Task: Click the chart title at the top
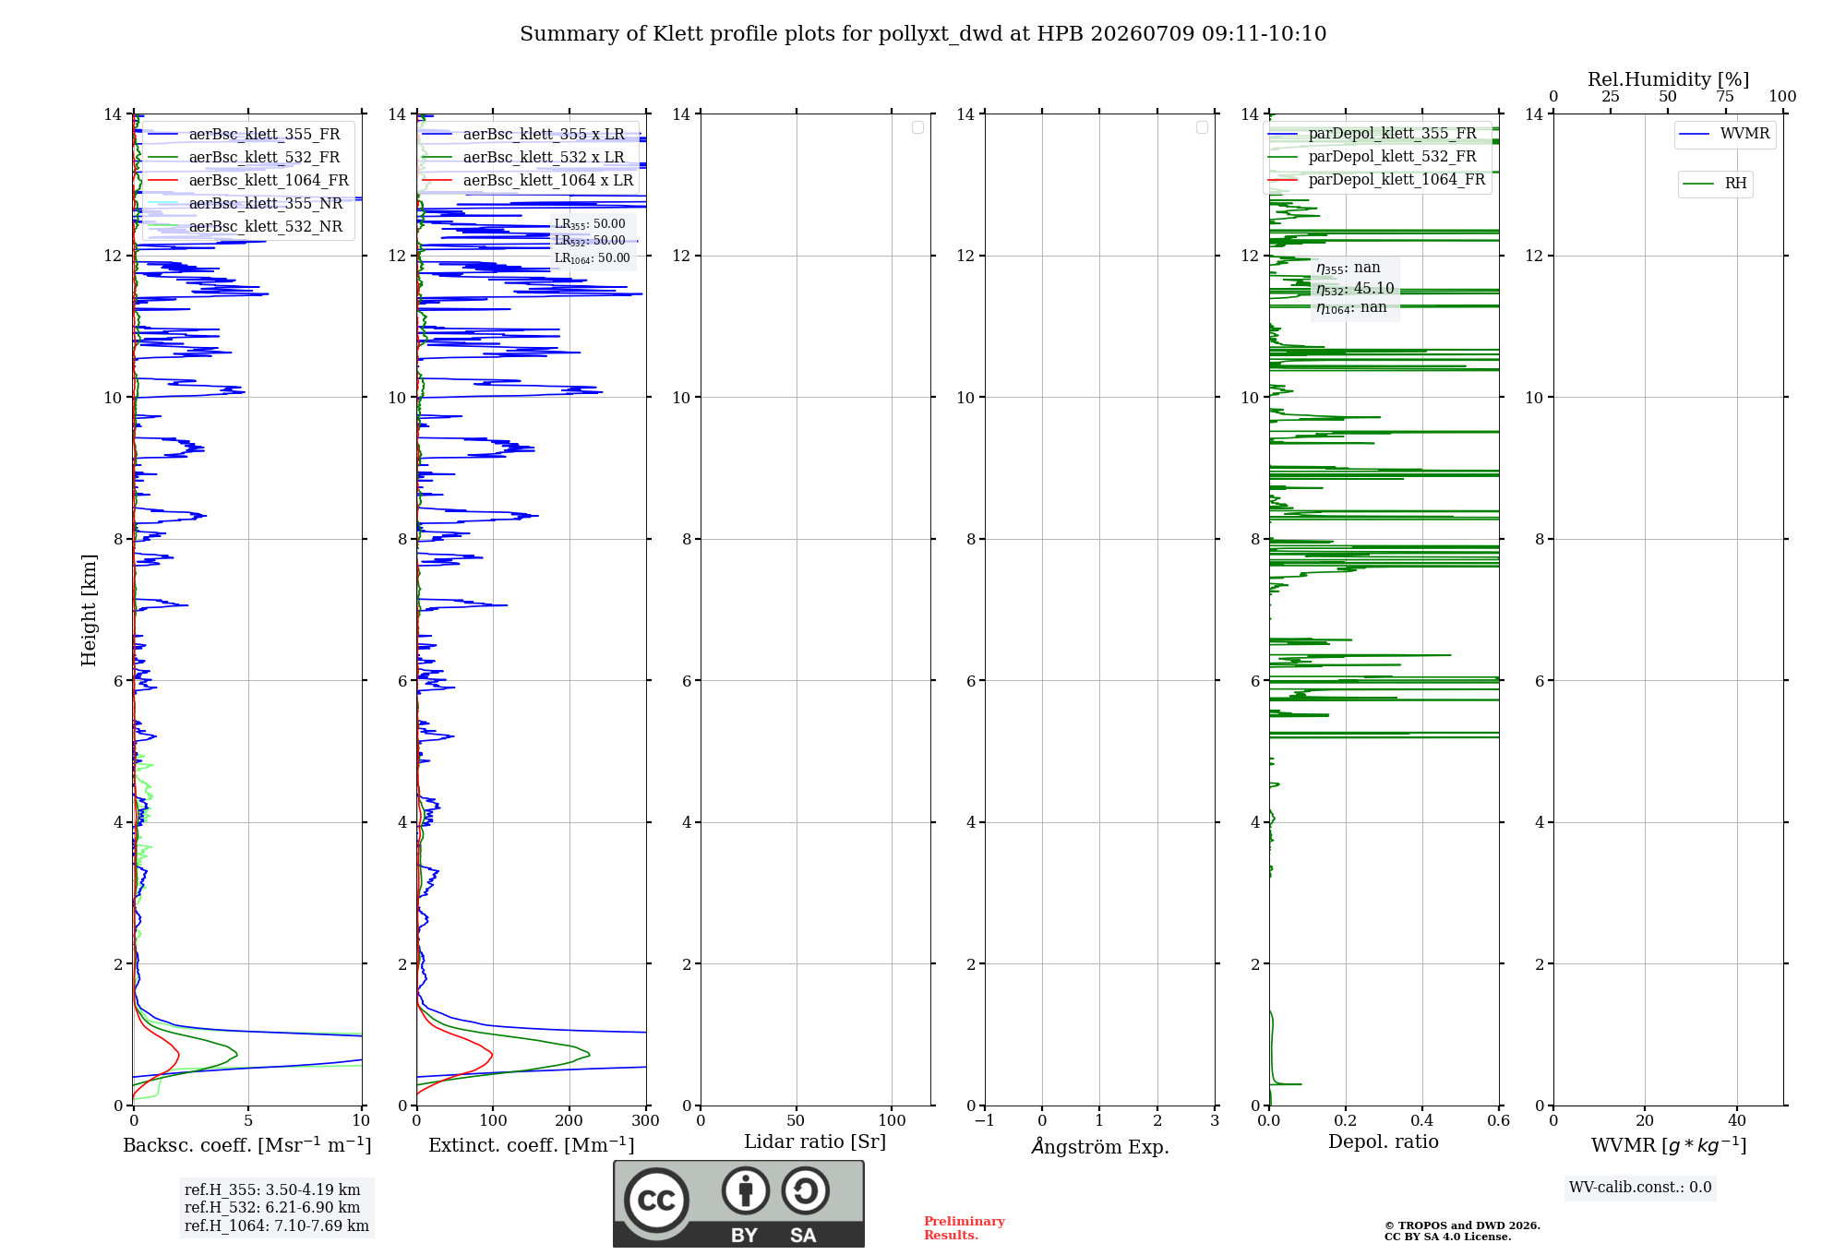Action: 923,34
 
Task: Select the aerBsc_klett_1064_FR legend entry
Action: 248,181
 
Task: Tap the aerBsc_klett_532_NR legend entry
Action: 246,227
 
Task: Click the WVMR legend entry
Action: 1724,134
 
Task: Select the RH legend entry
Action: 1715,184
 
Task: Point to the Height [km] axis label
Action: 89,610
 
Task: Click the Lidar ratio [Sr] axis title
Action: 815,1142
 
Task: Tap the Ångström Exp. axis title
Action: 1100,1146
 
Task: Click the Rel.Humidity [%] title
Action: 1669,79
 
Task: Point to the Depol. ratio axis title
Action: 1384,1142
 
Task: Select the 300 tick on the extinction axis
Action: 646,1121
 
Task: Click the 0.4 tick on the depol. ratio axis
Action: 1422,1121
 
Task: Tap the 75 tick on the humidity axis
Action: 1725,97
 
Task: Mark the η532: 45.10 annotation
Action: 1355,289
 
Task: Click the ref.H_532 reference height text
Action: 272,1208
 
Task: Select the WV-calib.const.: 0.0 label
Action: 1640,1188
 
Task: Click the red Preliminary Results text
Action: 965,1228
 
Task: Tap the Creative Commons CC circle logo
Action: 656,1200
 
